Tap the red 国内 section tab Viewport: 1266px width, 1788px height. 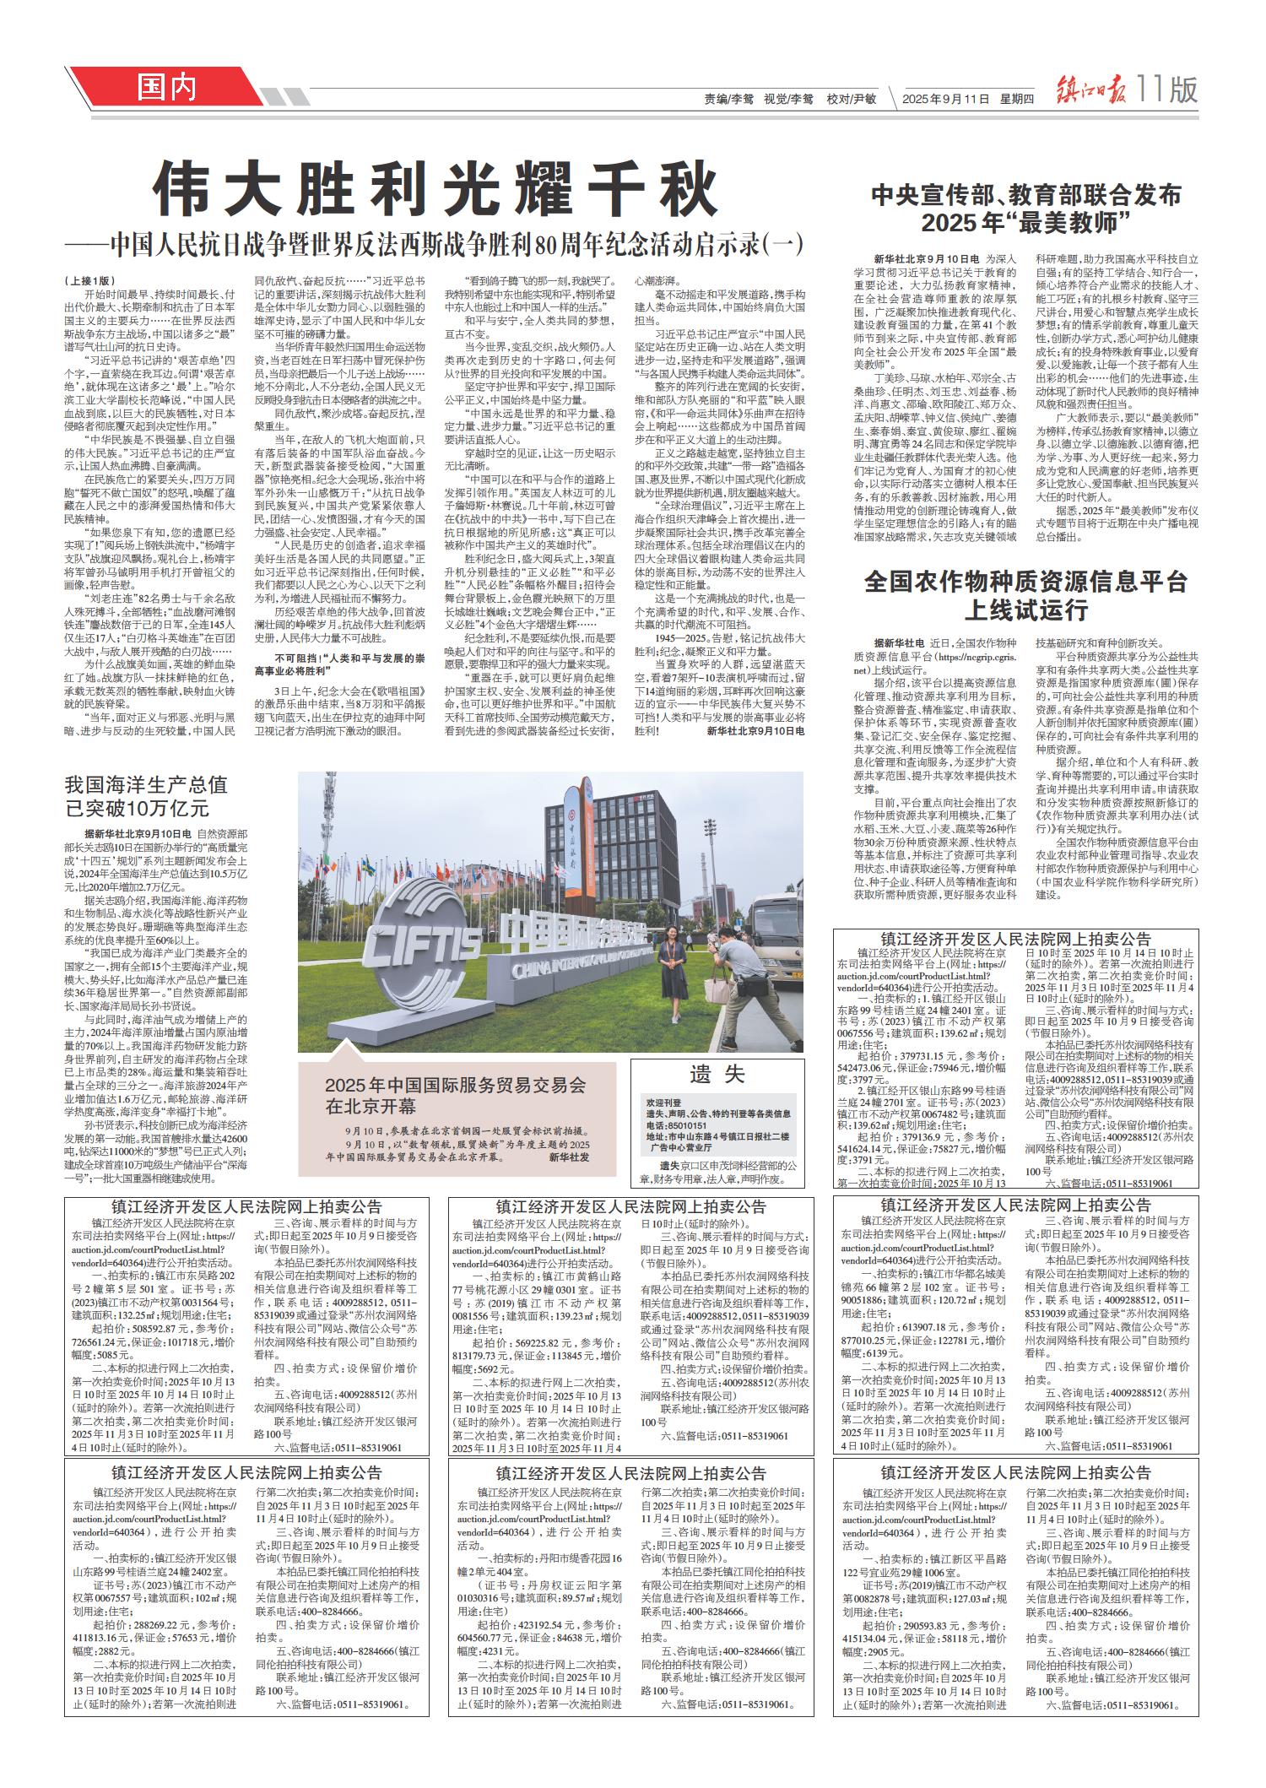pos(167,86)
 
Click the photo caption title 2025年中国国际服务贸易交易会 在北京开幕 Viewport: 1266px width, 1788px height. pos(456,1094)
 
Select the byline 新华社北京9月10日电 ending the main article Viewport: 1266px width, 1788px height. pos(755,729)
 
